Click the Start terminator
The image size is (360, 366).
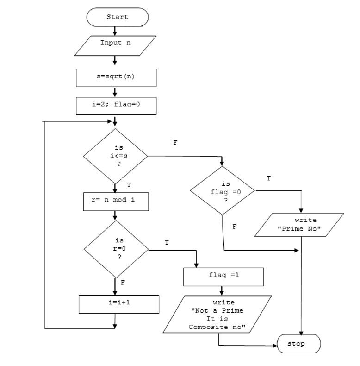click(117, 17)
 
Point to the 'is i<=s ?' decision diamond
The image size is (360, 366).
click(115, 157)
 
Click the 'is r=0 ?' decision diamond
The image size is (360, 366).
click(116, 249)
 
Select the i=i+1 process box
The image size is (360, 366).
click(119, 304)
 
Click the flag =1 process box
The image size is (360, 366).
click(223, 277)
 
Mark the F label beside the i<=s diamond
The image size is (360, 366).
click(175, 143)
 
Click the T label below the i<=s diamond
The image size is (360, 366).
click(129, 185)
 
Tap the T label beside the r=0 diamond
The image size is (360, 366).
click(166, 242)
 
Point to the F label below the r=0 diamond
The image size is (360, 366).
click(122, 282)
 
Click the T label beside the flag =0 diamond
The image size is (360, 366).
click(269, 178)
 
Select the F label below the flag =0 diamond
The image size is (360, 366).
click(234, 227)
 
